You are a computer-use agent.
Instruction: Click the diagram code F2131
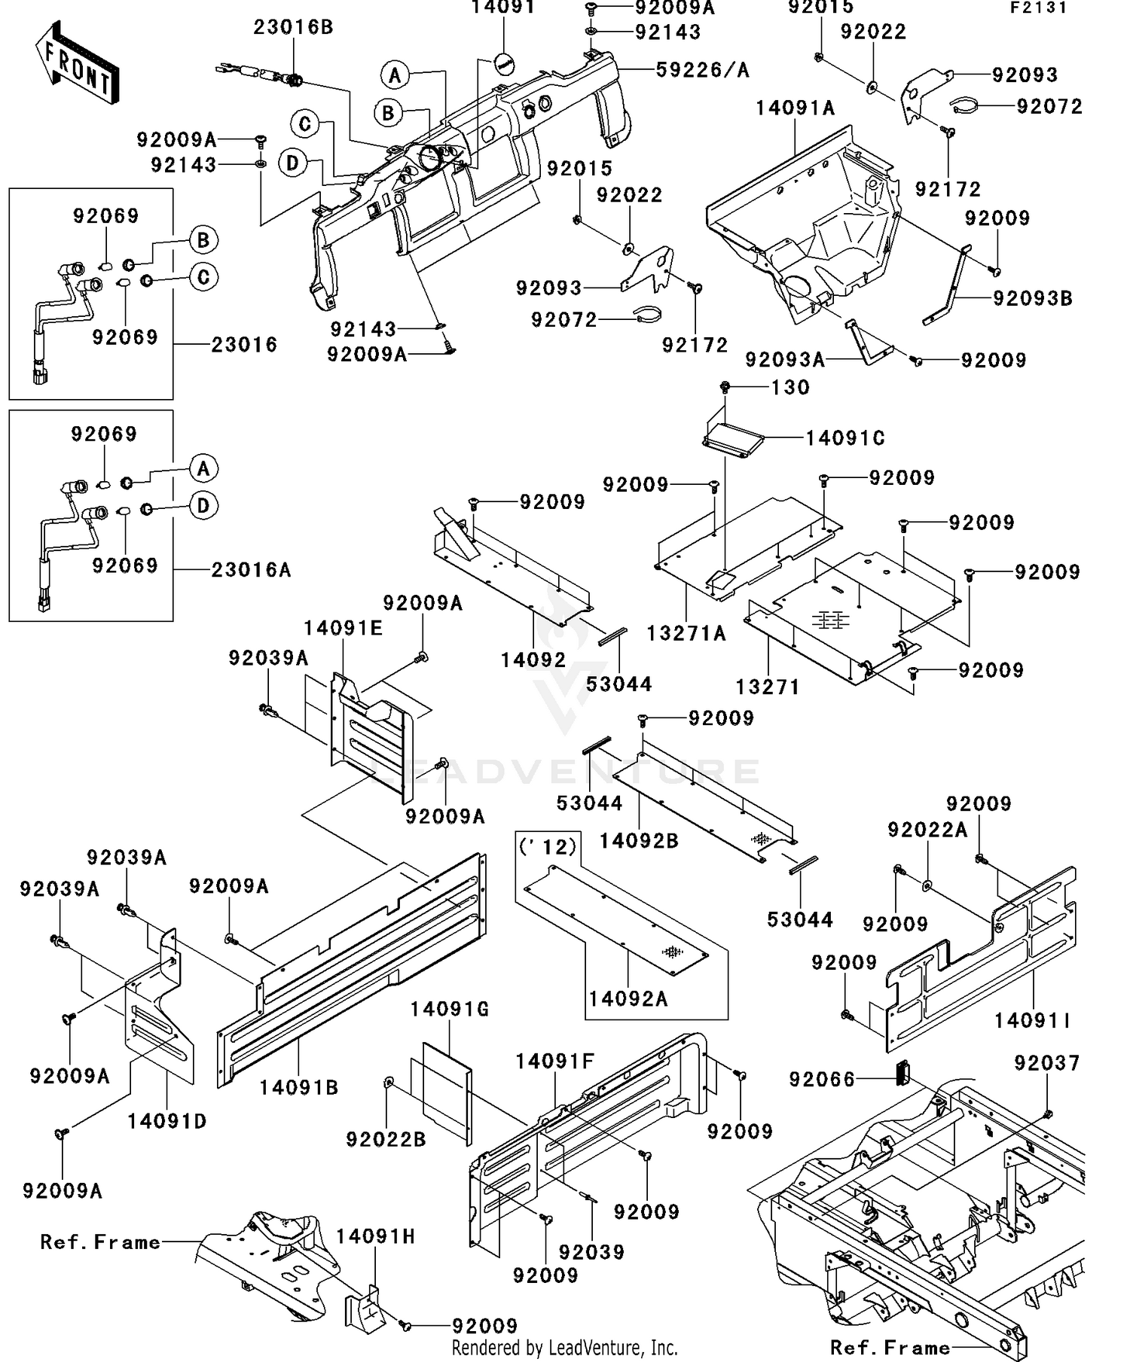[1039, 8]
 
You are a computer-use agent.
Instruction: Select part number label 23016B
[293, 27]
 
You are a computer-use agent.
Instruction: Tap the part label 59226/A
[702, 70]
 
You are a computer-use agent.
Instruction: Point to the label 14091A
[796, 108]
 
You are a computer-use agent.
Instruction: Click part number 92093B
[1032, 298]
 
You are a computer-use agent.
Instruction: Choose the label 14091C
[845, 438]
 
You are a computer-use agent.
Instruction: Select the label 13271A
[686, 633]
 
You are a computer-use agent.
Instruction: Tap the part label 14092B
[639, 841]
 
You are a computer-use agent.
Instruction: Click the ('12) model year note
[548, 846]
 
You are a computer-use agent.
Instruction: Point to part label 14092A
[628, 998]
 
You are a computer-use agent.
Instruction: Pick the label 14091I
[1032, 1021]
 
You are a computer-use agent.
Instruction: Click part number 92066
[822, 1080]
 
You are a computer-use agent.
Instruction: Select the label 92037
[1046, 1063]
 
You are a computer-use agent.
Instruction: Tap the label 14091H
[375, 1236]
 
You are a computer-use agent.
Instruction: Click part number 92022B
[386, 1139]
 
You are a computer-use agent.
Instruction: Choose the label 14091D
[166, 1121]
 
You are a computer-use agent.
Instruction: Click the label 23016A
[251, 569]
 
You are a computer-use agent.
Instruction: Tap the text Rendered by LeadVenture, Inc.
[564, 1347]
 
